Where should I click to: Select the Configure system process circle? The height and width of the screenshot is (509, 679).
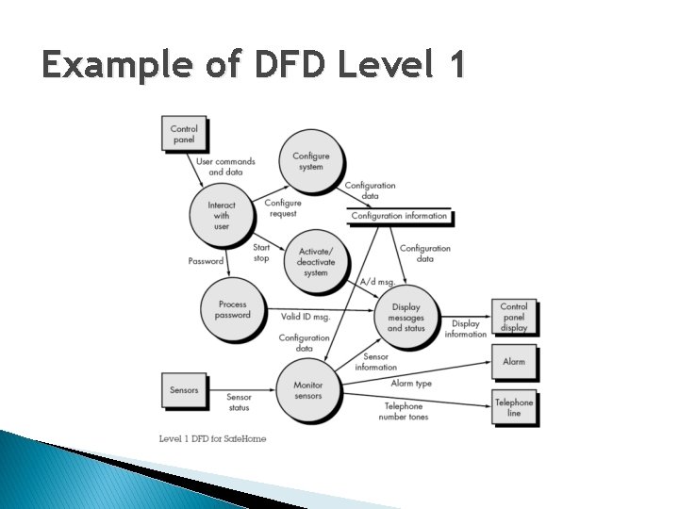click(310, 161)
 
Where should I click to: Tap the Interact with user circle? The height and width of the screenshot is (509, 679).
click(221, 215)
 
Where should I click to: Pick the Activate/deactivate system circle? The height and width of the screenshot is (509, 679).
click(316, 261)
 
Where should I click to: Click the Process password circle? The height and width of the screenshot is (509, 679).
click(232, 309)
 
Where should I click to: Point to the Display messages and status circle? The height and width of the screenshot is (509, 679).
click(406, 318)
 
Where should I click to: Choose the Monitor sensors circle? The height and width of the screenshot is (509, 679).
click(307, 390)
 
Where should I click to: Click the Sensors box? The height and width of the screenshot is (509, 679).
click(184, 389)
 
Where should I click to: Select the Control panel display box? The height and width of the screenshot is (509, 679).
click(514, 318)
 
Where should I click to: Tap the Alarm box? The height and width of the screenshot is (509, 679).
click(514, 362)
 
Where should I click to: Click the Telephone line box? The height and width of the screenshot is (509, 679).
click(514, 407)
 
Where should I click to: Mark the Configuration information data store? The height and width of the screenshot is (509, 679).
click(399, 216)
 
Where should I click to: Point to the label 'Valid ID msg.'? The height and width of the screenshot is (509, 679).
click(306, 317)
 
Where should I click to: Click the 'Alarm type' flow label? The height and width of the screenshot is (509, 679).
click(411, 383)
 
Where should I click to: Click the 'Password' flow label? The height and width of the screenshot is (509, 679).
click(206, 261)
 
